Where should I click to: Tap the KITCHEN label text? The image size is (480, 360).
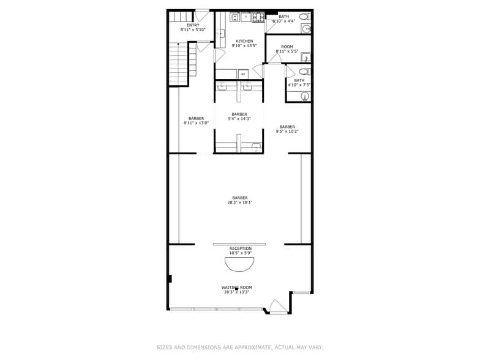244,42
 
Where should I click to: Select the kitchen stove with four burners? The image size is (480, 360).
258,17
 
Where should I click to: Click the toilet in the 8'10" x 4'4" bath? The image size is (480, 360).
304,17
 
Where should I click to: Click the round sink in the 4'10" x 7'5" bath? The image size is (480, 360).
306,96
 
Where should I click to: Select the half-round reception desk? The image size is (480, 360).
239,264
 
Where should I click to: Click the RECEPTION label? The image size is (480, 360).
240,249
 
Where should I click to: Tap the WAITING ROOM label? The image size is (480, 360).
236,288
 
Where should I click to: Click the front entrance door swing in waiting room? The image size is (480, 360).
278,306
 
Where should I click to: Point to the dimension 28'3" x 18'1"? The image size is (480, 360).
240,202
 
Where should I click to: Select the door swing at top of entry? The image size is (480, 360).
202,16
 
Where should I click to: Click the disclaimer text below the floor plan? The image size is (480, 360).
239,347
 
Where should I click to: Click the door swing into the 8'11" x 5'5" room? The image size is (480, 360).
275,59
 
